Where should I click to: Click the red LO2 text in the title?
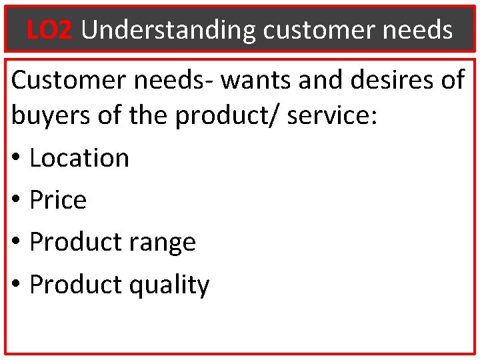(x=49, y=30)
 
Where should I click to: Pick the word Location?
(x=79, y=159)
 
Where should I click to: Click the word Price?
(x=58, y=200)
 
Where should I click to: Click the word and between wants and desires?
(x=311, y=81)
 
